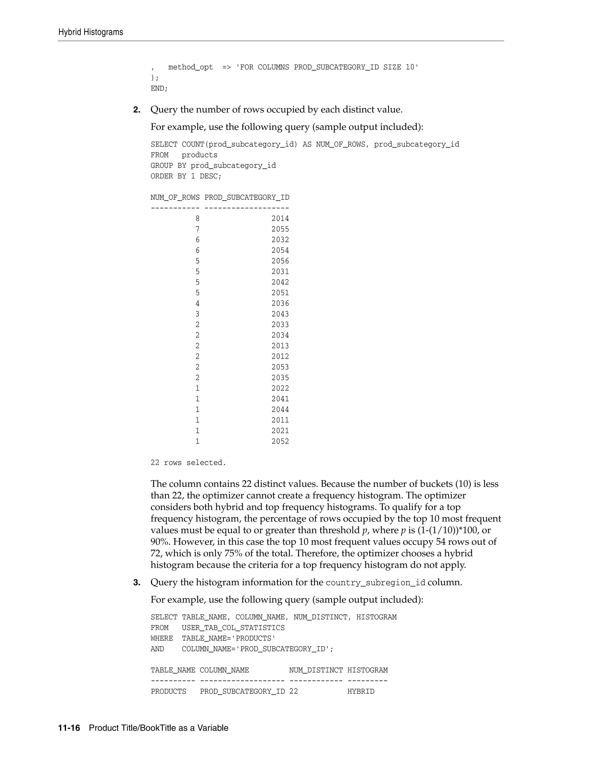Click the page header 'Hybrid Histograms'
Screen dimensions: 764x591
point(91,32)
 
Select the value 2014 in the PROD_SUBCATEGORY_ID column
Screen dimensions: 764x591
point(280,219)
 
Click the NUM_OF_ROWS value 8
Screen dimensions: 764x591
point(197,219)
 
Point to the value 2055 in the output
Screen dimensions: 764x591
point(280,229)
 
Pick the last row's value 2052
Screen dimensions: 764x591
point(280,441)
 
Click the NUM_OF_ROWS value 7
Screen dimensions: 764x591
point(197,229)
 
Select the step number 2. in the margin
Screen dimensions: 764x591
point(137,110)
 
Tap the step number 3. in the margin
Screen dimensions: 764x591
point(137,582)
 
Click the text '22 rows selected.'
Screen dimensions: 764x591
point(188,463)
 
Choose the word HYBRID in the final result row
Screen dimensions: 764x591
point(361,692)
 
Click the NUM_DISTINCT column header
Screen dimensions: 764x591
point(316,670)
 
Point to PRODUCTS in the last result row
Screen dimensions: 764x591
point(169,692)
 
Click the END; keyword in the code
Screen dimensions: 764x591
point(159,89)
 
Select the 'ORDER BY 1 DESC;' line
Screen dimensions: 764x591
point(186,176)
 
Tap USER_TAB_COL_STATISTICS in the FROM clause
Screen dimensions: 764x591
point(233,628)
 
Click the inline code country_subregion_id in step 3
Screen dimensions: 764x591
point(375,583)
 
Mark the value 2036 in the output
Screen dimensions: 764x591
point(280,304)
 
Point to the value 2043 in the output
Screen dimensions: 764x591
point(280,314)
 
